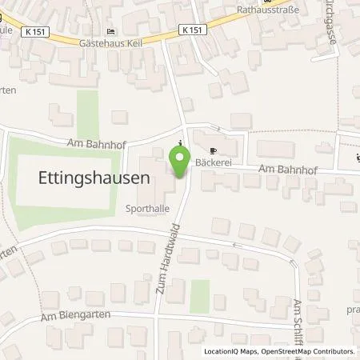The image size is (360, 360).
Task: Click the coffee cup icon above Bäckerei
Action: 212,150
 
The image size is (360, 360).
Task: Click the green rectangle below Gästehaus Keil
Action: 88,111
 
